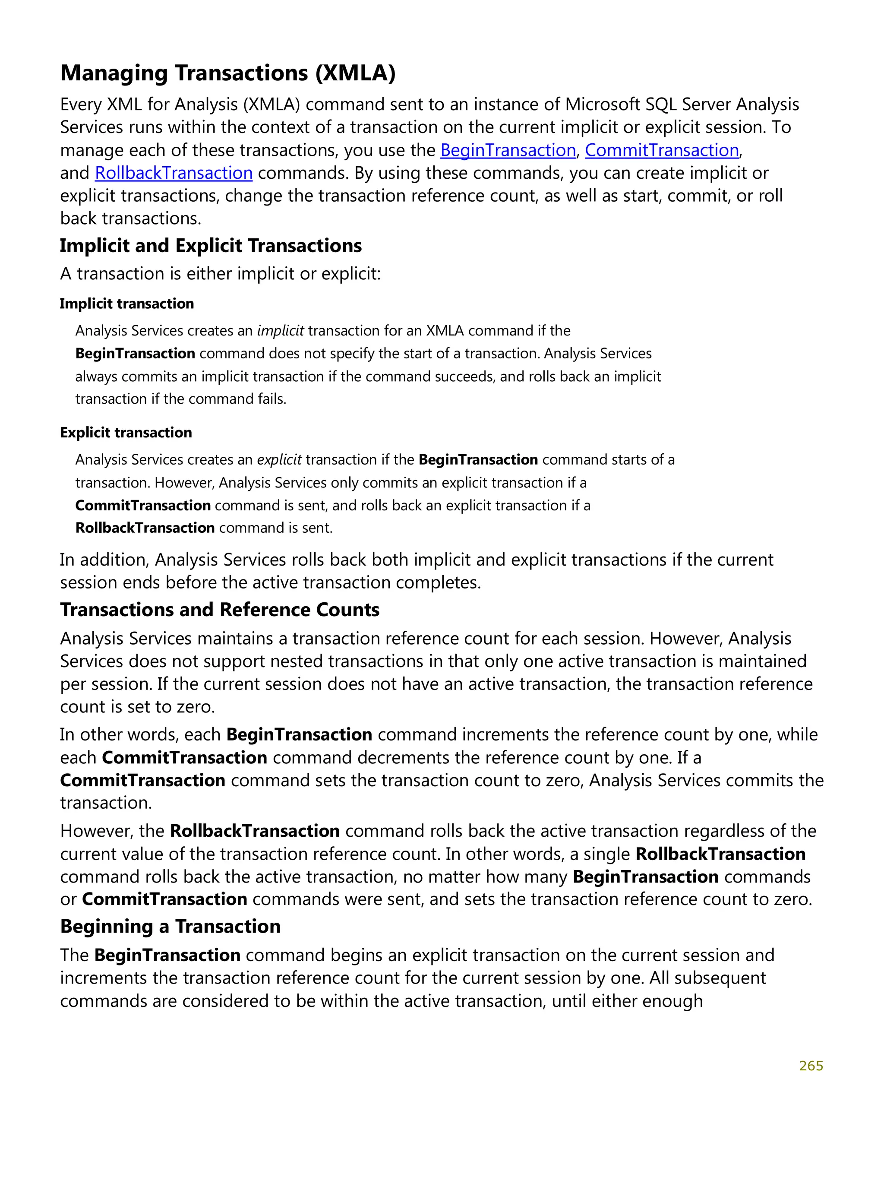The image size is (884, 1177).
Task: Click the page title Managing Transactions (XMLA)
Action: pyautogui.click(x=227, y=73)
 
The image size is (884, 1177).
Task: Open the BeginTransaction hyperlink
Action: pyautogui.click(x=508, y=150)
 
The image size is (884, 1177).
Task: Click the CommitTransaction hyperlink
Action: pyautogui.click(x=661, y=150)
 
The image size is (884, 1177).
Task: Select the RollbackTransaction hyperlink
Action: pyautogui.click(x=174, y=173)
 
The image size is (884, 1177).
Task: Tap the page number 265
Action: pyautogui.click(x=811, y=1066)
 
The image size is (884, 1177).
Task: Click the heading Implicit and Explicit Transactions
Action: pyautogui.click(x=211, y=246)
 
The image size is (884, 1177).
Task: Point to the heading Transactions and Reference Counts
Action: pyautogui.click(x=219, y=610)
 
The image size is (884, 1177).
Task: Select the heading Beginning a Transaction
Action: pyautogui.click(x=170, y=927)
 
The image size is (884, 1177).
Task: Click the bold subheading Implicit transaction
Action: pyautogui.click(x=126, y=304)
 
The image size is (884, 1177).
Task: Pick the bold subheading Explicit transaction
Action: pyautogui.click(x=126, y=433)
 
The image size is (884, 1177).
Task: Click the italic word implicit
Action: pyautogui.click(x=280, y=331)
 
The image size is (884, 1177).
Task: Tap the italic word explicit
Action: pyautogui.click(x=279, y=460)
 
